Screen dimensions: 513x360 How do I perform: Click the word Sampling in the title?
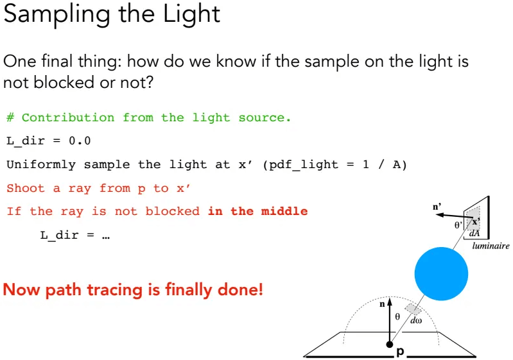pyautogui.click(x=57, y=14)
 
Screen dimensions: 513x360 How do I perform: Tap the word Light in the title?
pyautogui.click(x=191, y=13)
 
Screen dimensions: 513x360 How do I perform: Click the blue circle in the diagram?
pyautogui.click(x=441, y=273)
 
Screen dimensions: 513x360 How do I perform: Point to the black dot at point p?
pyautogui.click(x=389, y=345)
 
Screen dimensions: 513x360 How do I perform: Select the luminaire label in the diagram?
pyautogui.click(x=491, y=246)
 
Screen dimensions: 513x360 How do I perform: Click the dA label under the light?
pyautogui.click(x=474, y=234)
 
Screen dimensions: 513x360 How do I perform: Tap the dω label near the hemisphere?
pyautogui.click(x=416, y=320)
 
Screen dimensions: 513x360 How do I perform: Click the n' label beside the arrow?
pyautogui.click(x=437, y=207)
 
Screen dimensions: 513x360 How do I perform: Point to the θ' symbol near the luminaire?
pyautogui.click(x=458, y=225)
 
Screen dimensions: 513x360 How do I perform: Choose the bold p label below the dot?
pyautogui.click(x=400, y=352)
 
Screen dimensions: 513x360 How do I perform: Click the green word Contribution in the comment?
pyautogui.click(x=68, y=117)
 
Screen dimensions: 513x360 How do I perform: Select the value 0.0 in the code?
pyautogui.click(x=80, y=141)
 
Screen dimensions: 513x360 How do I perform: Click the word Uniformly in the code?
pyautogui.click(x=41, y=164)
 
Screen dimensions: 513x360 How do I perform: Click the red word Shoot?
pyautogui.click(x=26, y=188)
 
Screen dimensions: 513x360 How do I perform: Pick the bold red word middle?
pyautogui.click(x=284, y=211)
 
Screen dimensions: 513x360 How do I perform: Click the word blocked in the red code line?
pyautogui.click(x=173, y=211)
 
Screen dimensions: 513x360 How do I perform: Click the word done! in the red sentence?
pyautogui.click(x=240, y=289)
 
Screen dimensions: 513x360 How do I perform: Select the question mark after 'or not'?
pyautogui.click(x=148, y=82)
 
